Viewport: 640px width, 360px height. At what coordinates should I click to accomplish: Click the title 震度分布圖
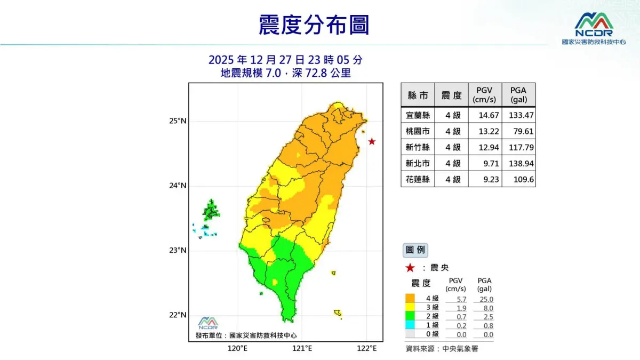(314, 25)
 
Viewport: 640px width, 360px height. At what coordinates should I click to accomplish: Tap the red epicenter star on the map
(372, 142)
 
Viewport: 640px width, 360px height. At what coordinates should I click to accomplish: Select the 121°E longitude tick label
(302, 348)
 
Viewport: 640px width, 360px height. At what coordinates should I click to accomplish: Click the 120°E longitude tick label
(237, 348)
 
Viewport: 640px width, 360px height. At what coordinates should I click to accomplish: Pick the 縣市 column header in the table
(418, 95)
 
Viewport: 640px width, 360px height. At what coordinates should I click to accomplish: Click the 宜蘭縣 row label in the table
(418, 115)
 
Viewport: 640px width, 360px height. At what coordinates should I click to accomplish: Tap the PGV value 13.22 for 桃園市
(484, 131)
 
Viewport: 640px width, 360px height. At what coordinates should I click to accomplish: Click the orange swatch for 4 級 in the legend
(410, 298)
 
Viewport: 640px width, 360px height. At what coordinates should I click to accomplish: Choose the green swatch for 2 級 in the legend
(410, 316)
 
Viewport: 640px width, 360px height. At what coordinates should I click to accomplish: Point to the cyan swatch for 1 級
(410, 325)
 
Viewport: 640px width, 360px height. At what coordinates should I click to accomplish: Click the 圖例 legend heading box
(414, 250)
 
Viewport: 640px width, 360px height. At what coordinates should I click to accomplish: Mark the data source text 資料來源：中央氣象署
(442, 349)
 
